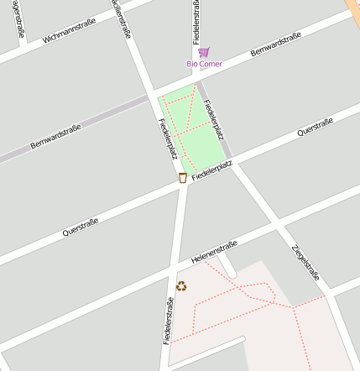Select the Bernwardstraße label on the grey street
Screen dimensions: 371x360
point(55,137)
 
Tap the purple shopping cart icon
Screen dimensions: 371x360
point(203,52)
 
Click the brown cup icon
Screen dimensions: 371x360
point(183,177)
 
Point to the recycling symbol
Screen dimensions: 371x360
point(181,286)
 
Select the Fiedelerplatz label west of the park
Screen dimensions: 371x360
point(167,138)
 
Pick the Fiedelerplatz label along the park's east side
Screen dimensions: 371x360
point(214,120)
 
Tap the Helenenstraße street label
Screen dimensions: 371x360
point(215,251)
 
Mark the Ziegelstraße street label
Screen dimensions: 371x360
point(305,261)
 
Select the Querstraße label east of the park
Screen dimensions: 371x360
point(316,127)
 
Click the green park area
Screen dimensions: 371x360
point(195,126)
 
